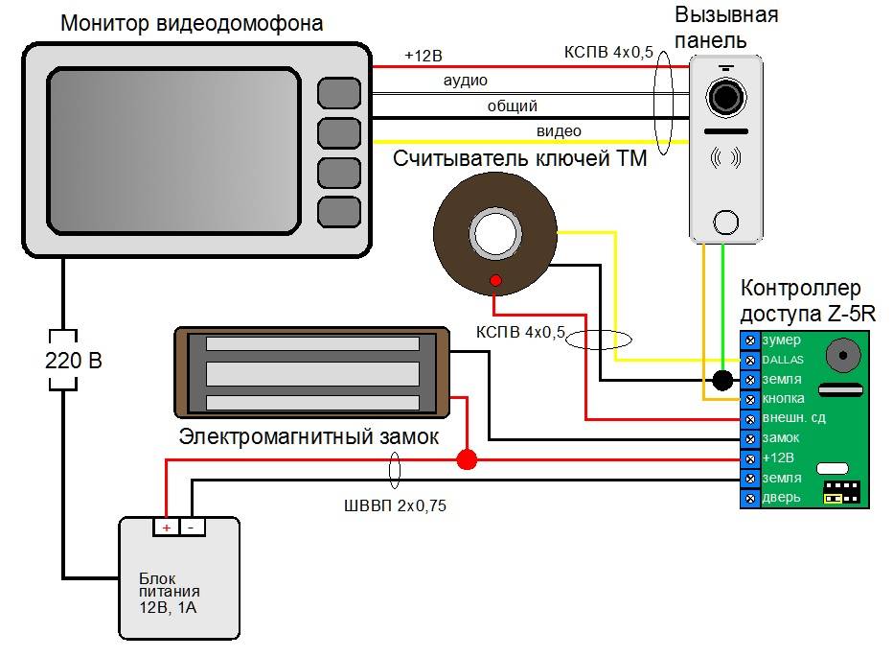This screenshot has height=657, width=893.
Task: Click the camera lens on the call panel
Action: point(726,96)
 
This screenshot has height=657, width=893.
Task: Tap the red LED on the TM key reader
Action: point(495,280)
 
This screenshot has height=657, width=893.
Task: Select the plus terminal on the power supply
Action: point(167,527)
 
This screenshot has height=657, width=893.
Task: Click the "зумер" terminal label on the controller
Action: point(781,340)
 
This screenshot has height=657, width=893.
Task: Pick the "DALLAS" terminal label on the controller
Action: point(784,360)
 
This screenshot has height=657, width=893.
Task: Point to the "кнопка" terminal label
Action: point(783,398)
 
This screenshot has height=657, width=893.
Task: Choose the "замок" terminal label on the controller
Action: point(781,437)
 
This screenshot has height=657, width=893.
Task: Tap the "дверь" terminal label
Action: point(781,497)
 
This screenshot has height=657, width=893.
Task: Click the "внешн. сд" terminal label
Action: point(792,418)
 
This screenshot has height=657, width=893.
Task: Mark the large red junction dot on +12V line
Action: point(467,459)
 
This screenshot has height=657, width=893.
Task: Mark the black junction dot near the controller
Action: point(721,380)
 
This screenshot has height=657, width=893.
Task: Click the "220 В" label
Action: point(74,362)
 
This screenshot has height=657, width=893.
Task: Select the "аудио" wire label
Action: point(466,81)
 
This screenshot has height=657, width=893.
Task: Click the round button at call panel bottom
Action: point(726,223)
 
